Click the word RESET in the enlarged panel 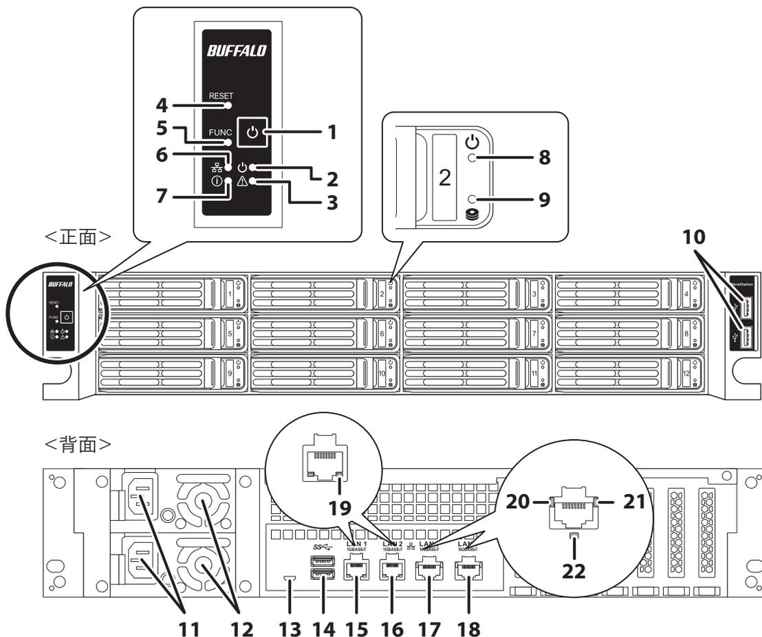(x=221, y=97)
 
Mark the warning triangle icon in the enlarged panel (x=241, y=181)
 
